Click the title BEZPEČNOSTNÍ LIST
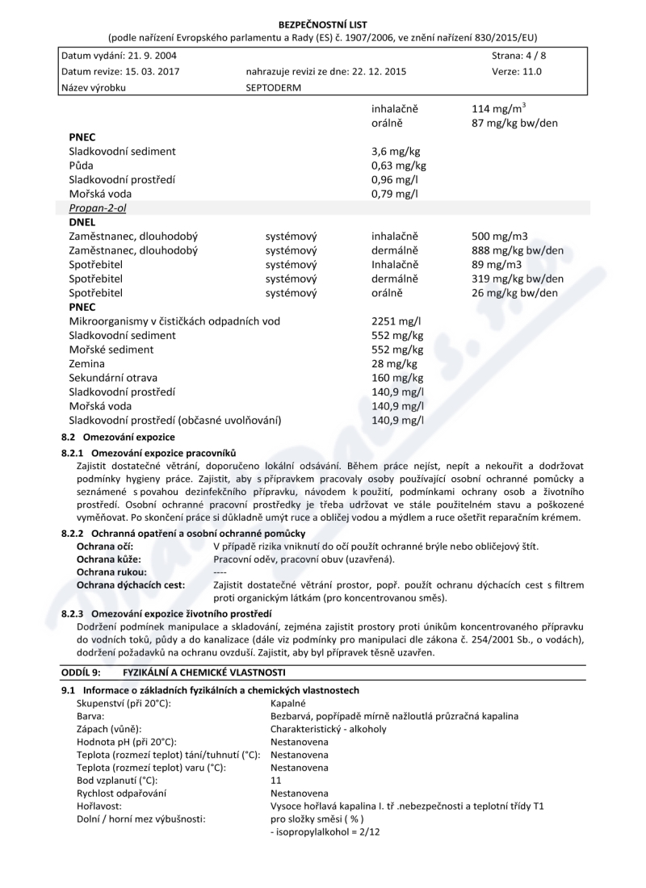coord(322,25)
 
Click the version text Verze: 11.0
coord(517,71)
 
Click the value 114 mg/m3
coord(499,109)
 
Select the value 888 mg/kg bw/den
coord(518,251)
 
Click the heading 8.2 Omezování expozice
coord(118,436)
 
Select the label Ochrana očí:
coord(99,547)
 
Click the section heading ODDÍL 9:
coord(81,672)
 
